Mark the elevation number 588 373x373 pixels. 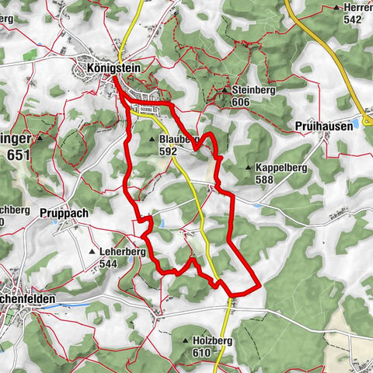click(x=265, y=180)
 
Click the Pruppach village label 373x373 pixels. click(x=60, y=211)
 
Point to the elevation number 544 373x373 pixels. click(x=110, y=263)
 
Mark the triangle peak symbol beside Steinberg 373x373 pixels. click(x=224, y=90)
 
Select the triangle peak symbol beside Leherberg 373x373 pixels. click(x=93, y=252)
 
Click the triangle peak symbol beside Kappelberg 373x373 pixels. click(x=248, y=168)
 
